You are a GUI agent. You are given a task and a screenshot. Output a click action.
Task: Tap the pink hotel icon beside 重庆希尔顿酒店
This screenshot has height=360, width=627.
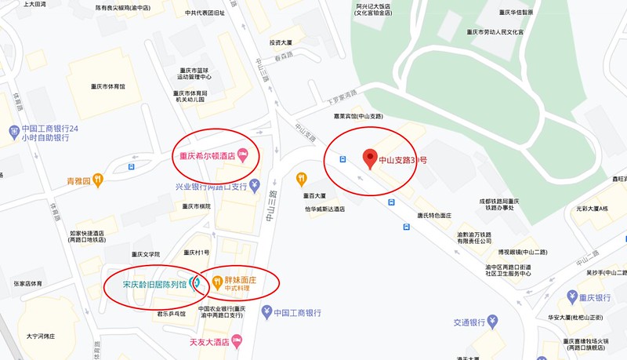243,155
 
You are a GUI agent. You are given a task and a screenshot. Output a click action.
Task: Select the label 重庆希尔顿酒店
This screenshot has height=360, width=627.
203,155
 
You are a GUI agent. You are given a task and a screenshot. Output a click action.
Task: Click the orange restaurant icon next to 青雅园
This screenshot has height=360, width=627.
98,180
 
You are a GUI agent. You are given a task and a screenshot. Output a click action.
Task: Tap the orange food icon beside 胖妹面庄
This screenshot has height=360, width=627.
216,282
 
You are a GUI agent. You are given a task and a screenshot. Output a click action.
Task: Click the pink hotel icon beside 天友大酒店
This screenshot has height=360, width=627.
237,341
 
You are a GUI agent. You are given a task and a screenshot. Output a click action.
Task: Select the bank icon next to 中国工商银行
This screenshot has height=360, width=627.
266,312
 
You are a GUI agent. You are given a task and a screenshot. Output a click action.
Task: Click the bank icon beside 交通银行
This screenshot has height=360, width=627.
492,321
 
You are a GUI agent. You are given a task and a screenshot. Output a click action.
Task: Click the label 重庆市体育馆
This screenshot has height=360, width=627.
107,86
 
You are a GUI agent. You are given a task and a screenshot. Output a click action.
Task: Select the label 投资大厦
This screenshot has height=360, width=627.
281,43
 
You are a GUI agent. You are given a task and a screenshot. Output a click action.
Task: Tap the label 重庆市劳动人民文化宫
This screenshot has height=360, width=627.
495,33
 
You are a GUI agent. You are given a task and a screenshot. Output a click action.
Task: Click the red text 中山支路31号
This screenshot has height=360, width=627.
403,160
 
